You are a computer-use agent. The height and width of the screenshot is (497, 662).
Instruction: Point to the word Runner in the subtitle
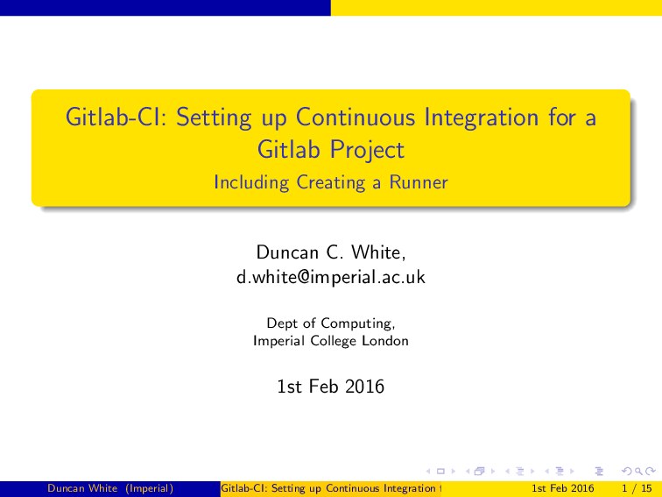[419, 183]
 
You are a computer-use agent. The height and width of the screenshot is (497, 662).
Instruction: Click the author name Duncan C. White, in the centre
[331, 253]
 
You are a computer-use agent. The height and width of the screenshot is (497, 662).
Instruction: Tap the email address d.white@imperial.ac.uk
[331, 278]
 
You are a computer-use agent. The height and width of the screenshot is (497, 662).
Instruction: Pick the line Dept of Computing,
[331, 323]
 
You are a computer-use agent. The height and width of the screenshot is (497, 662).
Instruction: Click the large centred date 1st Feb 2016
[331, 387]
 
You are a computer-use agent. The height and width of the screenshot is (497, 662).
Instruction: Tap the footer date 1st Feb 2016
[563, 487]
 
